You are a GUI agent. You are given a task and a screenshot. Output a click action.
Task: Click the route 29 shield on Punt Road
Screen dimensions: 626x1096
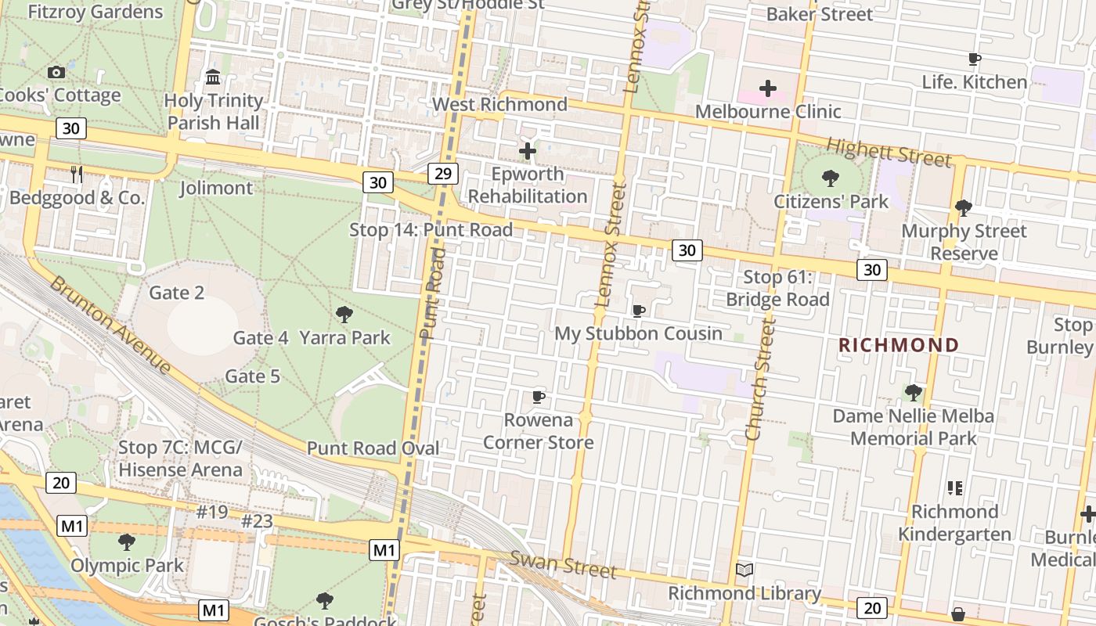pos(442,173)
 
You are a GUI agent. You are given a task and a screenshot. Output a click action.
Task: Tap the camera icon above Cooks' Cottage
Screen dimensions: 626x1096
pos(56,72)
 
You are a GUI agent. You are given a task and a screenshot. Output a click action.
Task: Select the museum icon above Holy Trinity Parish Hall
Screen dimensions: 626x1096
pos(213,77)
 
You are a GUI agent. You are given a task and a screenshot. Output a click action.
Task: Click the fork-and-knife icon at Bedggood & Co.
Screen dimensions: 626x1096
pos(77,174)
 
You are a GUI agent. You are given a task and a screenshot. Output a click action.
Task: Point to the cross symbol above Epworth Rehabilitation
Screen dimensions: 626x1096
pos(528,150)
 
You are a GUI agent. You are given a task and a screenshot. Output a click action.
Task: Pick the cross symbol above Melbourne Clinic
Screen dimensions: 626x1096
pos(767,88)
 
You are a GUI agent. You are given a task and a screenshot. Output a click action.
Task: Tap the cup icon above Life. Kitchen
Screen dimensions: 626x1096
pos(975,59)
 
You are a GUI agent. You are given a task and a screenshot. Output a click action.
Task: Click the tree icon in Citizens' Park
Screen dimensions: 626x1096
pos(831,178)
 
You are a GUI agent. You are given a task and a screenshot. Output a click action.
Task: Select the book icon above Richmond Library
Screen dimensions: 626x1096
pos(744,570)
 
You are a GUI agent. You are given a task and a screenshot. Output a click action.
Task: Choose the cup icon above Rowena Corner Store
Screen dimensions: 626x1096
pos(538,397)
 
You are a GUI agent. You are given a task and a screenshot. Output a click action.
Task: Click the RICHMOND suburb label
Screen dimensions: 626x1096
pos(899,345)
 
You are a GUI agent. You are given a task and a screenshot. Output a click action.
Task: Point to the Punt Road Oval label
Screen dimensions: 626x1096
pos(373,448)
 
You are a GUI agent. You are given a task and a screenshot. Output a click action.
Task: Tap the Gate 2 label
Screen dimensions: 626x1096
pos(177,293)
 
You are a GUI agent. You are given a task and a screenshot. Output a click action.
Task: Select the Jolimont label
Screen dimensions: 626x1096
pos(216,188)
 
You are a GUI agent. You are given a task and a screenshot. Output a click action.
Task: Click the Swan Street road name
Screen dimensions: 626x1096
pos(563,563)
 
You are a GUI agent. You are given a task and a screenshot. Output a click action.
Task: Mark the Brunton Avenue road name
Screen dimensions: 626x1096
pos(110,324)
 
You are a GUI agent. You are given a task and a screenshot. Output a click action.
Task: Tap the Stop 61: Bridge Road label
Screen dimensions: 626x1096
pos(777,288)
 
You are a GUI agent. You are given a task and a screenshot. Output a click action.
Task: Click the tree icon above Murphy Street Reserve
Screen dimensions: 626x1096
pos(963,208)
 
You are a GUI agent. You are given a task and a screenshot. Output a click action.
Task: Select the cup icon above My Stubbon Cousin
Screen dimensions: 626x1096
pos(639,311)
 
